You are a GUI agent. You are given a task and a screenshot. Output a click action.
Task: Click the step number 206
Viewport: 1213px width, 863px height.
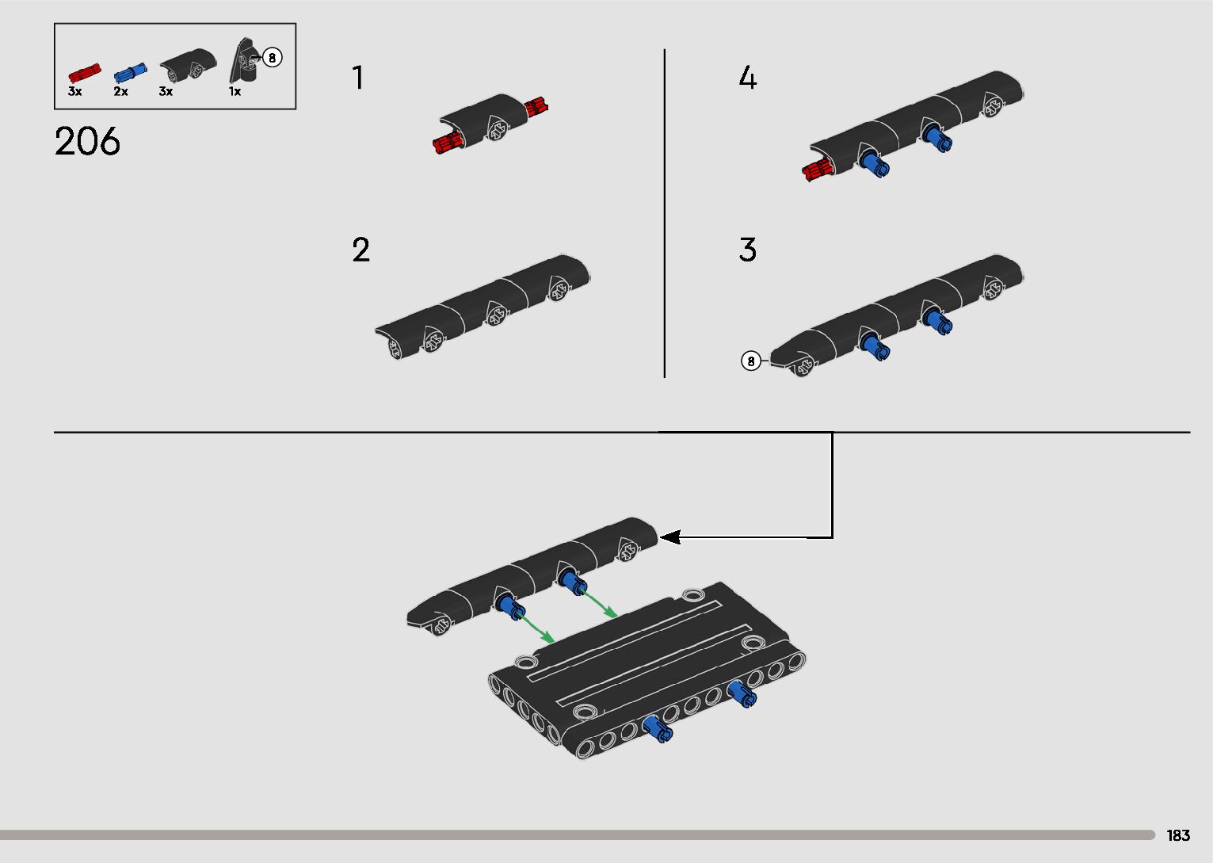87,141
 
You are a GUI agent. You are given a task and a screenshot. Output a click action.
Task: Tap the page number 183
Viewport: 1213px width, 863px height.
1178,834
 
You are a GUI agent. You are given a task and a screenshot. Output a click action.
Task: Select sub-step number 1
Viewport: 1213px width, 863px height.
357,77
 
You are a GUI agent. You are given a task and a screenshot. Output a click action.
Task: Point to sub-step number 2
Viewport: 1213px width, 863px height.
360,250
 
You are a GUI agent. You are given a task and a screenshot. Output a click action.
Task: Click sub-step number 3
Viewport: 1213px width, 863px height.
747,250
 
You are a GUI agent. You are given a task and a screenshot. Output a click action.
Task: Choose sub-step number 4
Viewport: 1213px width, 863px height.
747,77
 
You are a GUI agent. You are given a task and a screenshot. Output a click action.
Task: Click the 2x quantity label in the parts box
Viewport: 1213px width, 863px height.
120,92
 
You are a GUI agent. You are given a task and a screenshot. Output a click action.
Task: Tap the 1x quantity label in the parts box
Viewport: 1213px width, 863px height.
235,92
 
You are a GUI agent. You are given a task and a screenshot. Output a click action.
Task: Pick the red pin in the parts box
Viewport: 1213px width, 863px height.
85,73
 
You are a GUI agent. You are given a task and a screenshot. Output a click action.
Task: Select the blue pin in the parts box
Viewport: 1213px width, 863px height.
130,73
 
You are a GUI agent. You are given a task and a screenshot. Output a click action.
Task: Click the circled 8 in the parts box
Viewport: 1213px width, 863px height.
272,57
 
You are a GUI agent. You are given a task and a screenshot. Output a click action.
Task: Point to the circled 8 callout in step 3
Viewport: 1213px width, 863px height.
750,361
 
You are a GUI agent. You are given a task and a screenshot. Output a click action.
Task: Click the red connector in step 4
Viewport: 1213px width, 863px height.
818,170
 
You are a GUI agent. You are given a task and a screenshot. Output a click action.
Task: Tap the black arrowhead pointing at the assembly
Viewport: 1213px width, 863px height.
670,537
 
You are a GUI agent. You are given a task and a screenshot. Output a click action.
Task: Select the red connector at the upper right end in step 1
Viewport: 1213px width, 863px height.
536,106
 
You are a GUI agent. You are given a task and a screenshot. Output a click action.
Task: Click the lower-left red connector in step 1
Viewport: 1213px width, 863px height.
448,143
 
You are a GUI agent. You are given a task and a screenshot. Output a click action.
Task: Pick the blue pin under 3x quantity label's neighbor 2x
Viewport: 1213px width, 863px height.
130,73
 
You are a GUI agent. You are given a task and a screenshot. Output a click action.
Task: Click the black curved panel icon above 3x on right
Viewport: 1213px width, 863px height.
188,64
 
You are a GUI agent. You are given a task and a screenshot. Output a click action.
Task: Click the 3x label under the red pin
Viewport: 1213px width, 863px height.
74,92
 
